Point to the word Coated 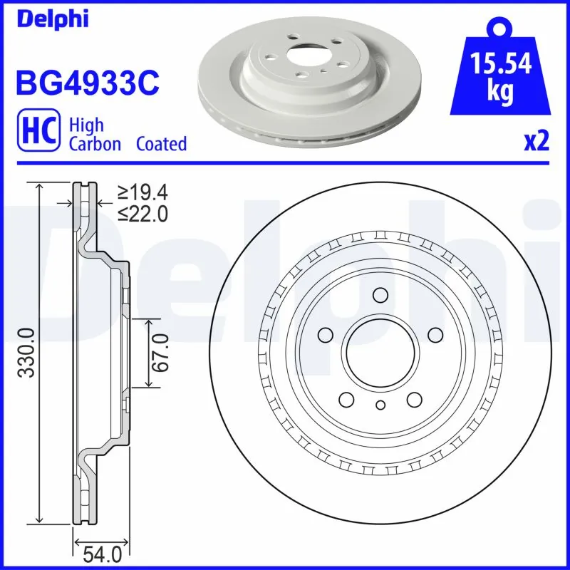[x=162, y=144]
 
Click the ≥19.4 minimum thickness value [x=142, y=192]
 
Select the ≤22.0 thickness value [x=142, y=212]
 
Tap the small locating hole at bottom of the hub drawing [x=380, y=405]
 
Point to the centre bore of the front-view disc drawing [x=380, y=351]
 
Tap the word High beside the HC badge [x=86, y=125]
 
